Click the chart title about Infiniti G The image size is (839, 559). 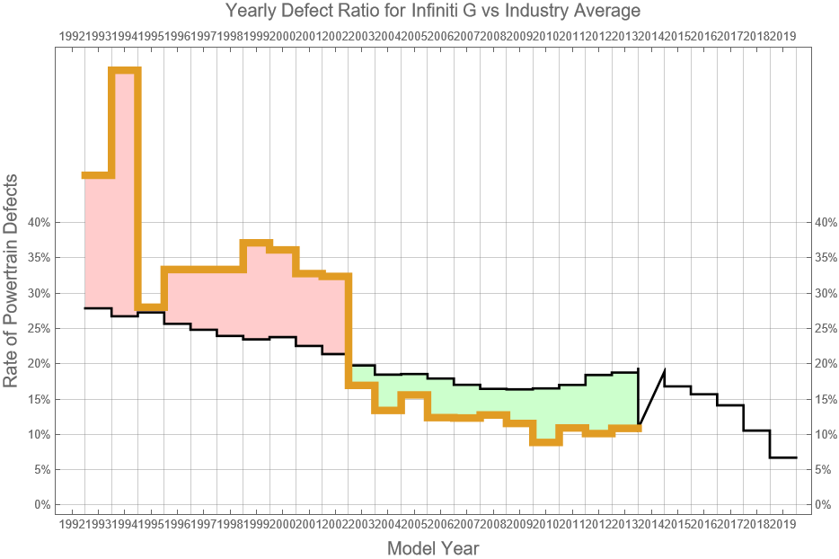click(x=419, y=12)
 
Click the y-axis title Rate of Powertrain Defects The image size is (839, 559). click(x=12, y=282)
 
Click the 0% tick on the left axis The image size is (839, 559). click(x=40, y=505)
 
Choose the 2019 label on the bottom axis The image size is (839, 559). click(x=783, y=524)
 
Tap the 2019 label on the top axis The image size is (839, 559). click(x=783, y=37)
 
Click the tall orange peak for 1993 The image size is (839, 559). click(x=125, y=70)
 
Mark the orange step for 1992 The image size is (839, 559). click(x=98, y=175)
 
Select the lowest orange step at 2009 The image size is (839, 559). click(x=545, y=442)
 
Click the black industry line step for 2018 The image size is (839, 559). click(x=783, y=457)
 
